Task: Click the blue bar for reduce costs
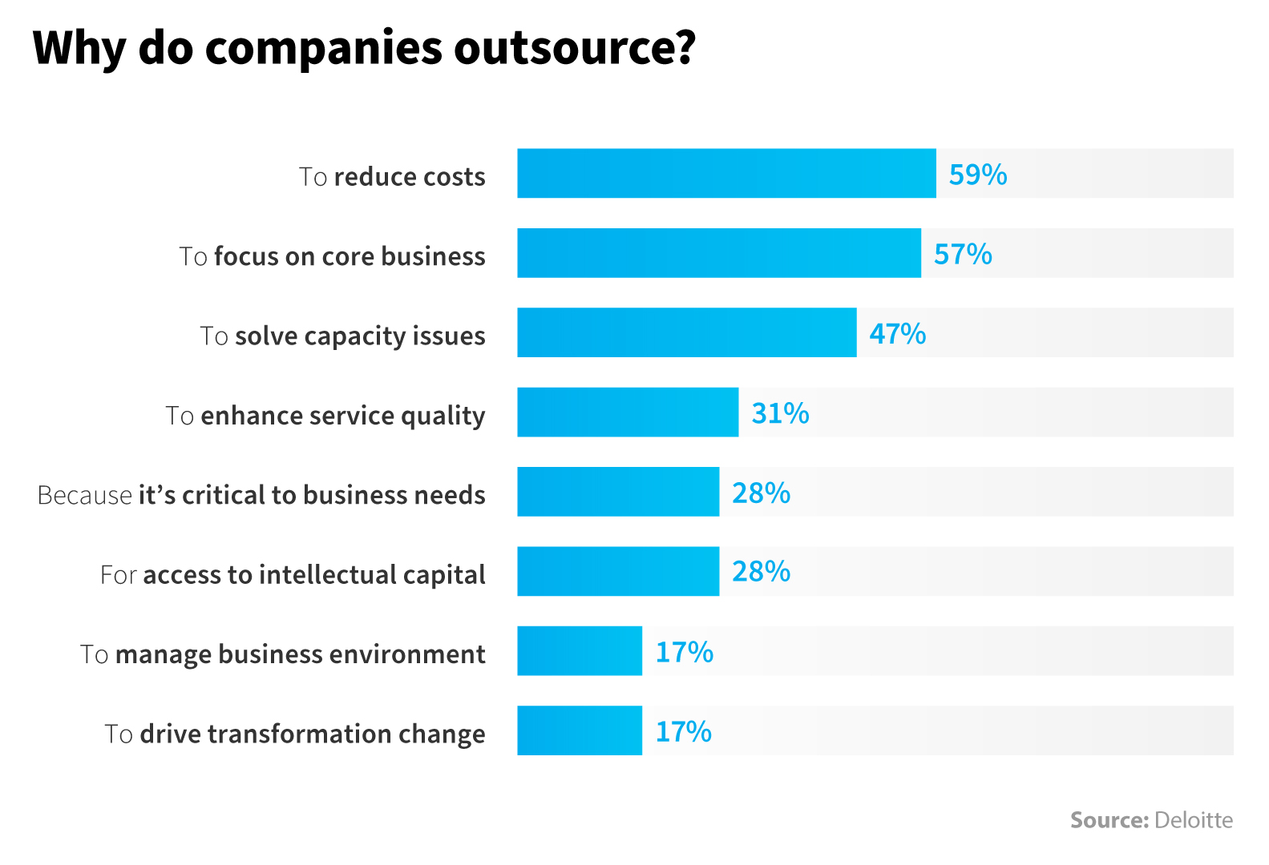[x=726, y=173]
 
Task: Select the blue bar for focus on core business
[x=719, y=253]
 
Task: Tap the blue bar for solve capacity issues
[x=687, y=332]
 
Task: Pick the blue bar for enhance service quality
[x=628, y=412]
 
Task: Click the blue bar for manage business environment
[x=580, y=651]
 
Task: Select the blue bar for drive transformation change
[x=580, y=730]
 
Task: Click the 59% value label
[x=977, y=174]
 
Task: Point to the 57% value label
[x=963, y=254]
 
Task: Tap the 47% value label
[x=898, y=333]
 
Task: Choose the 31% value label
[x=780, y=413]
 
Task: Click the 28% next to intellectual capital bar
[x=761, y=572]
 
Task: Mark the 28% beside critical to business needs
[x=761, y=493]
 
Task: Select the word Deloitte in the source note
[x=1194, y=820]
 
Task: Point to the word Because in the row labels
[x=84, y=495]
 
